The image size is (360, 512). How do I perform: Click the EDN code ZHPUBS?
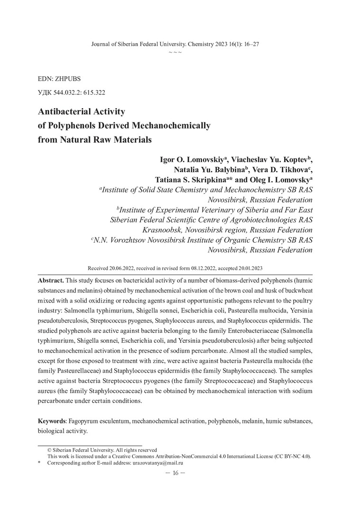click(62, 76)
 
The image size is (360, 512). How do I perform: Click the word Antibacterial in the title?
click(62, 112)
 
